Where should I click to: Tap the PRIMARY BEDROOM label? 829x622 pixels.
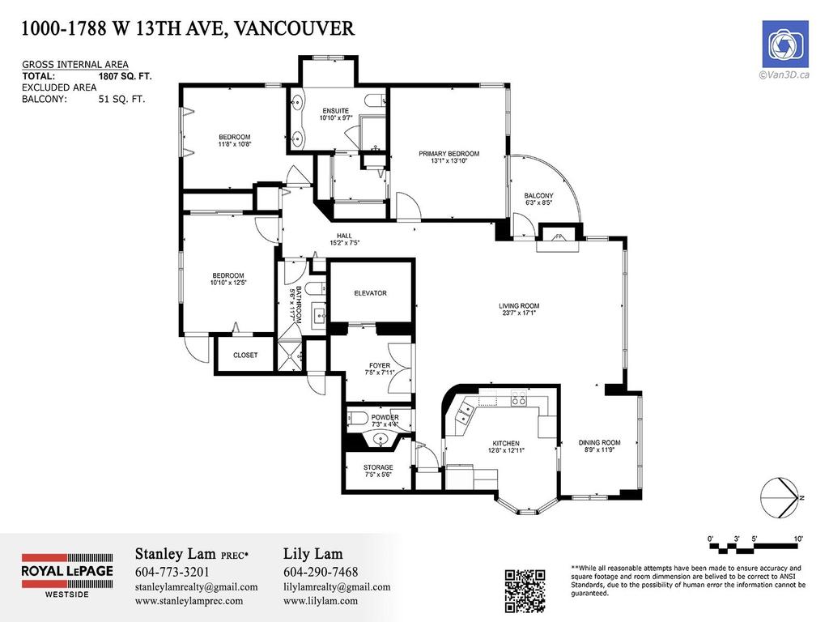pyautogui.click(x=449, y=154)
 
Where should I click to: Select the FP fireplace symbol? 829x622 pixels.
pyautogui.click(x=559, y=236)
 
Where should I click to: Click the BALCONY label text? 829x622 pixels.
pyautogui.click(x=538, y=196)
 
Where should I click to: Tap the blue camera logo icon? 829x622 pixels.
pyautogui.click(x=784, y=44)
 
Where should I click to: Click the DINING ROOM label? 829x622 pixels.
pyautogui.click(x=599, y=443)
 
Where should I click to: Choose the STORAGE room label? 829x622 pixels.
pyautogui.click(x=378, y=468)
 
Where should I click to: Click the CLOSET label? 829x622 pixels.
pyautogui.click(x=245, y=356)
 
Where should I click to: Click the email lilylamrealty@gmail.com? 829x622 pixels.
pyautogui.click(x=337, y=587)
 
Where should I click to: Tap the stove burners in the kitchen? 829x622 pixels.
pyautogui.click(x=518, y=400)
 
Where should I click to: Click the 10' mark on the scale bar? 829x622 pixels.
pyautogui.click(x=798, y=538)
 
